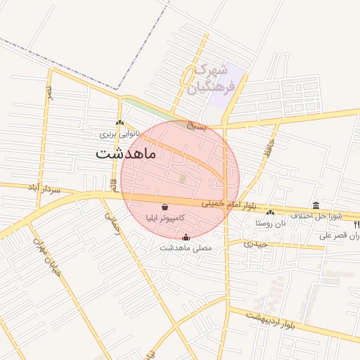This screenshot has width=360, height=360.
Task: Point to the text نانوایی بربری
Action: [x=119, y=133]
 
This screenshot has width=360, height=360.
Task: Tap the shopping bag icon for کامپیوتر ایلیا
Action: [x=165, y=207]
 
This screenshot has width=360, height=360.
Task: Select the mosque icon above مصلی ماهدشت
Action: [x=186, y=238]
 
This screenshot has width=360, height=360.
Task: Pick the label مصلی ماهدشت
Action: [x=186, y=248]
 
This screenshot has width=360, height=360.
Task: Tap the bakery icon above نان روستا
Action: [x=271, y=212]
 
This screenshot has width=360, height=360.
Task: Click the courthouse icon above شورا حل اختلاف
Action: [x=316, y=205]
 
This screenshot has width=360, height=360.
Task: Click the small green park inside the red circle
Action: [x=183, y=179]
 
